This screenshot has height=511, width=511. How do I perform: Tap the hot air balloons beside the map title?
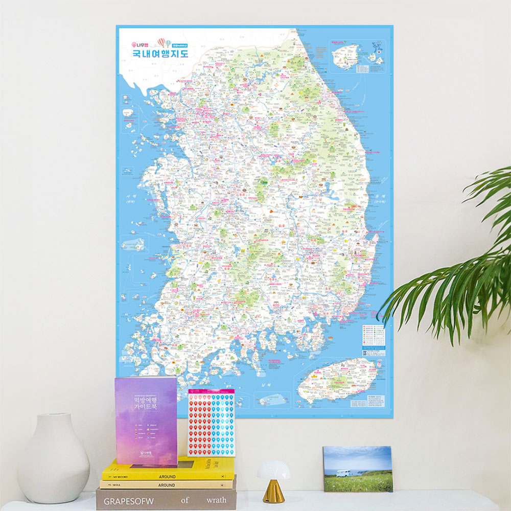(164, 42)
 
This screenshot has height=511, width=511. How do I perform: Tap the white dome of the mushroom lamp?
(273, 470)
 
